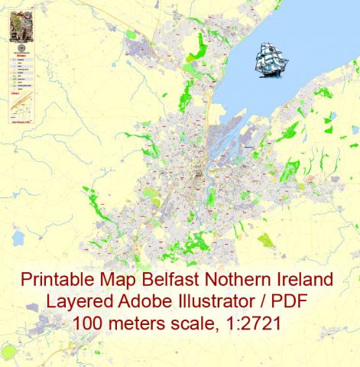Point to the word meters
click(141, 324)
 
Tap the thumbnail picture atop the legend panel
click(21, 28)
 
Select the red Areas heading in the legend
click(21, 56)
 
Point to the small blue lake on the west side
click(18, 239)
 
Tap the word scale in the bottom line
click(194, 324)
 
